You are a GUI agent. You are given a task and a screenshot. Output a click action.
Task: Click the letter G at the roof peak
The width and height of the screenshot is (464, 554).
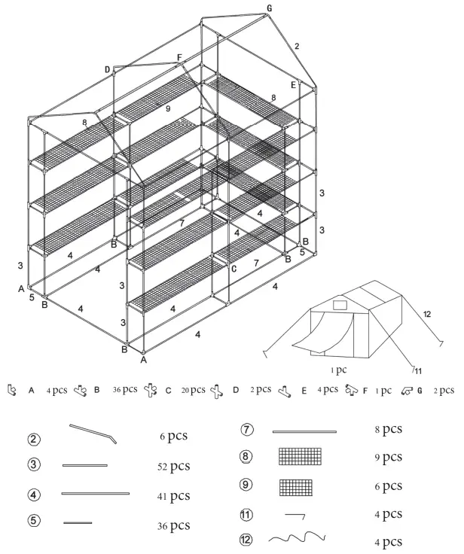pyautogui.click(x=270, y=8)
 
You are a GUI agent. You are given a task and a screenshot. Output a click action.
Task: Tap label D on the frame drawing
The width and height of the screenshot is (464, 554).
pyautogui.click(x=107, y=69)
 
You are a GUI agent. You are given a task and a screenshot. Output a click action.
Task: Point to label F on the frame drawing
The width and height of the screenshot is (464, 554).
pyautogui.click(x=179, y=57)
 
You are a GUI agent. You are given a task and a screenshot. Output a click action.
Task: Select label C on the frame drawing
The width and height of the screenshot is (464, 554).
pyautogui.click(x=234, y=268)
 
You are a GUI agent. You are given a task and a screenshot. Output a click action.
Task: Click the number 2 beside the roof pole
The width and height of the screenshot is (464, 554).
pyautogui.click(x=297, y=47)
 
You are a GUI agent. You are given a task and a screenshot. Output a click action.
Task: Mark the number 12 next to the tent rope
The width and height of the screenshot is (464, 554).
pyautogui.click(x=428, y=312)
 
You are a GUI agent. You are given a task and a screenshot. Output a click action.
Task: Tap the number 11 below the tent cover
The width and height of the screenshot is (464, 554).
pyautogui.click(x=416, y=369)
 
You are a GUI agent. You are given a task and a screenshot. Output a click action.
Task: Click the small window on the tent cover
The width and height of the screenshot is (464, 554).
pyautogui.click(x=338, y=306)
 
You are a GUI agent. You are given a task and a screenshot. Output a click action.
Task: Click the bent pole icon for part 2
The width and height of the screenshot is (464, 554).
pyautogui.click(x=93, y=434)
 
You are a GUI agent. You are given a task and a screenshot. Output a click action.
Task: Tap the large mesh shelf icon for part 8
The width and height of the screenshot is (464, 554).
pyautogui.click(x=300, y=457)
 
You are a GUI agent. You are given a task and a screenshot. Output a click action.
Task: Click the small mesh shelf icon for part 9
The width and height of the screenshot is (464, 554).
pyautogui.click(x=295, y=486)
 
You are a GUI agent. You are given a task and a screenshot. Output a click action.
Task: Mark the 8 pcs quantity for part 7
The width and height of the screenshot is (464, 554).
pyautogui.click(x=388, y=430)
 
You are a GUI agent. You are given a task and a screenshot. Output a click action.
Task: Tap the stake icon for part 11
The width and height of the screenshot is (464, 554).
pyautogui.click(x=295, y=515)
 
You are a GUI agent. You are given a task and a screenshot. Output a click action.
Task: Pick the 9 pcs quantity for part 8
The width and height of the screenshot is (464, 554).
pyautogui.click(x=388, y=457)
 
